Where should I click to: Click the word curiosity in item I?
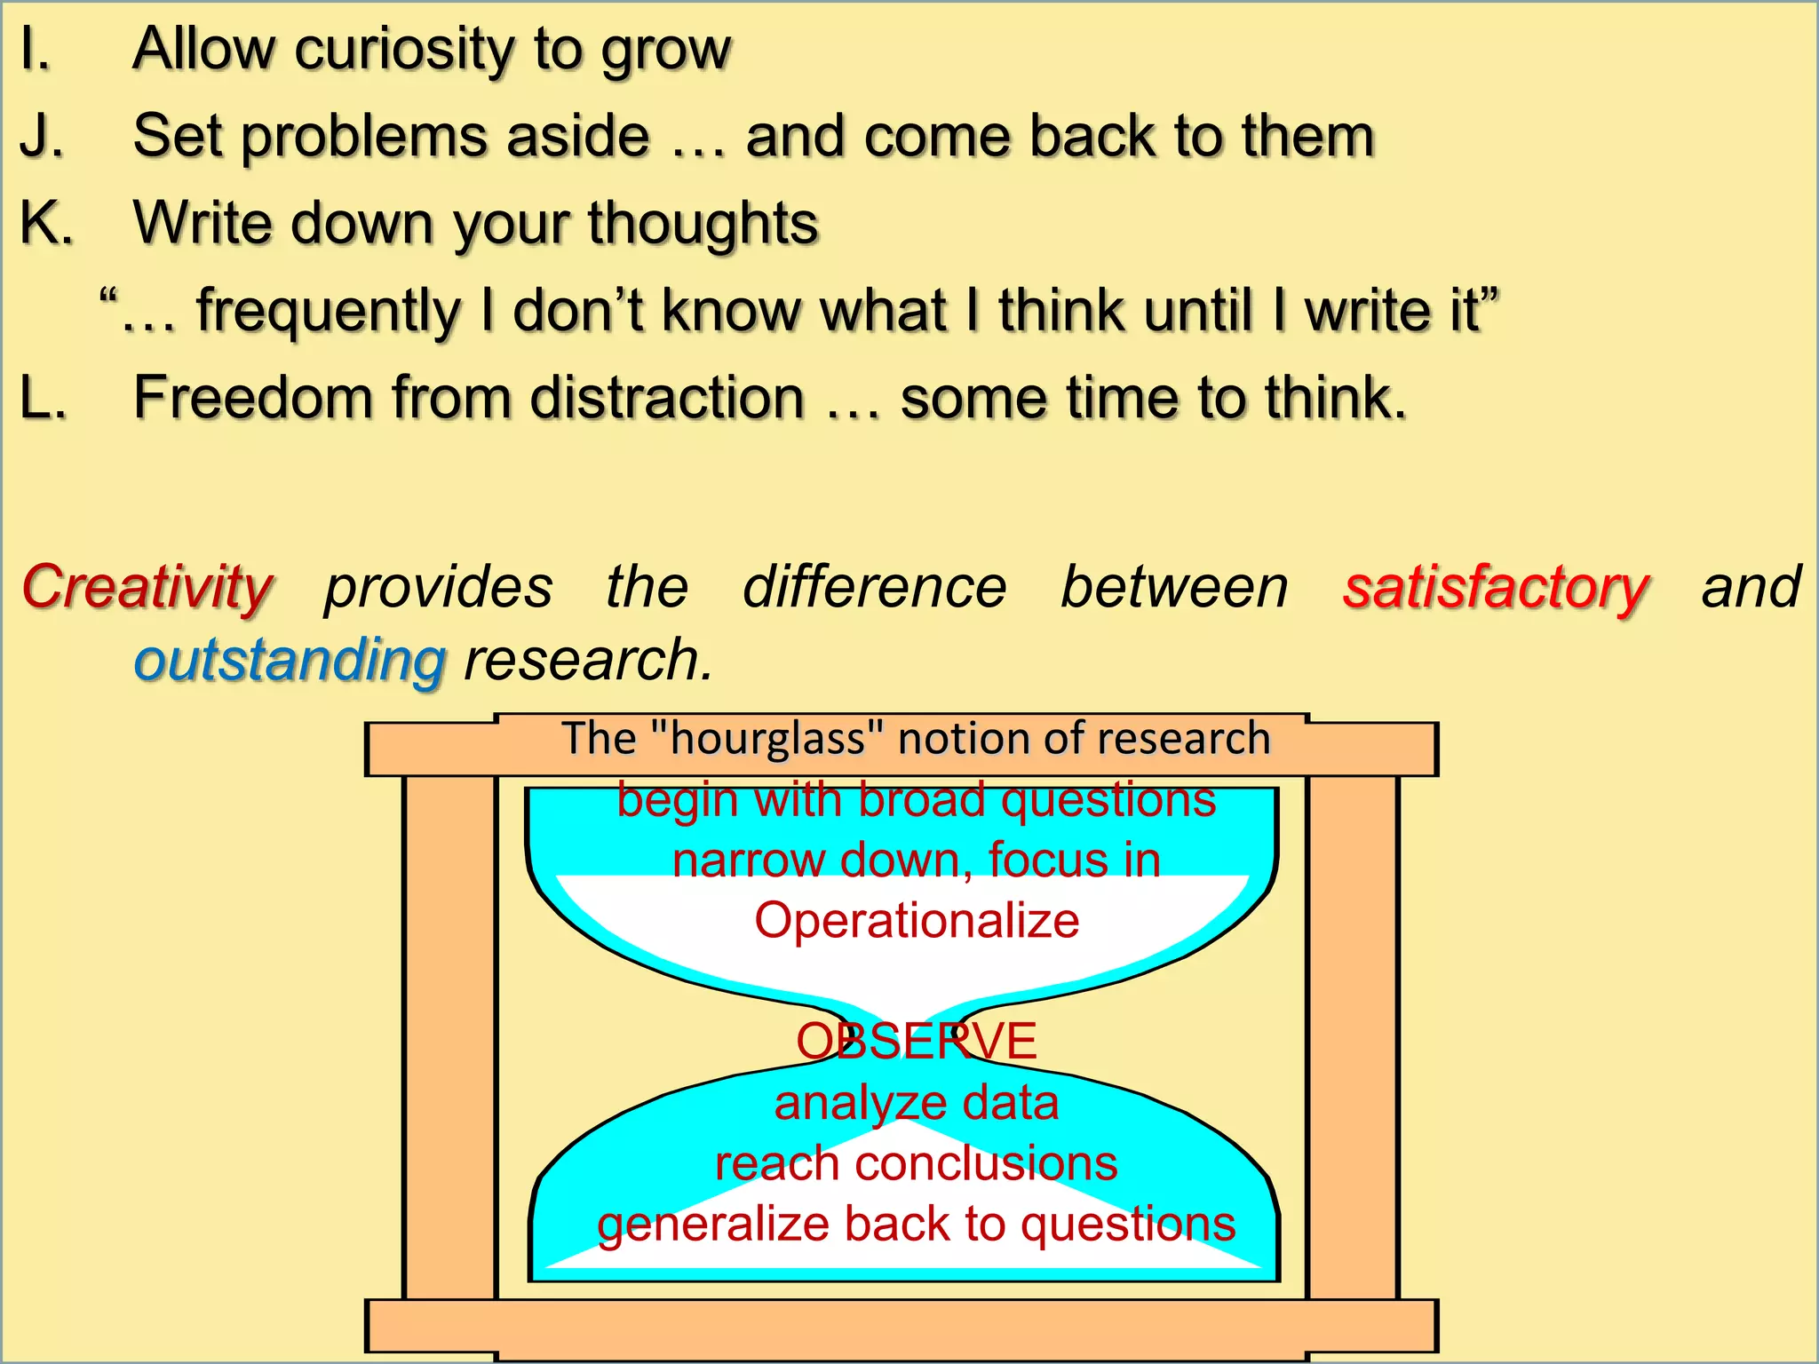point(405,50)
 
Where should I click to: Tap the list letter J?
point(39,137)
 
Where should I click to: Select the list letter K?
point(44,222)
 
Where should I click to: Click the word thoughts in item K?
point(702,224)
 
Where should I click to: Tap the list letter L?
point(41,398)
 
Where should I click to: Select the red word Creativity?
point(147,588)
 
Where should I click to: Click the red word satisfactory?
point(1496,588)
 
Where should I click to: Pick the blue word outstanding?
point(290,662)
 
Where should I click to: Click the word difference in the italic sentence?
point(875,588)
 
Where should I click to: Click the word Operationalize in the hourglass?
point(917,920)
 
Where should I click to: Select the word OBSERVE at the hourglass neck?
point(917,1041)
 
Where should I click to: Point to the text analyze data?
point(917,1104)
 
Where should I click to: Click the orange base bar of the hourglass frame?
point(901,1327)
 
